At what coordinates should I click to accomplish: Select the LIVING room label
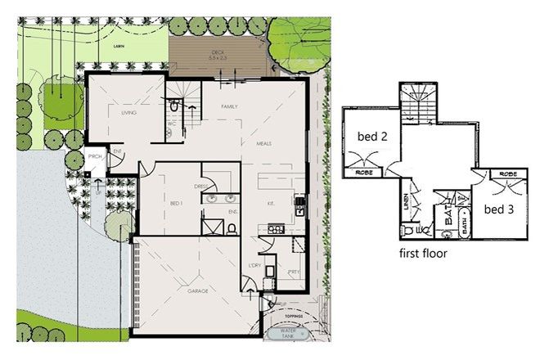pos(128,113)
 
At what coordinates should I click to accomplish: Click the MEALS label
pos(264,142)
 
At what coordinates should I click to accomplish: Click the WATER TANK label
pos(290,335)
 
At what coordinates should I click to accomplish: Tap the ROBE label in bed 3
pos(507,174)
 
